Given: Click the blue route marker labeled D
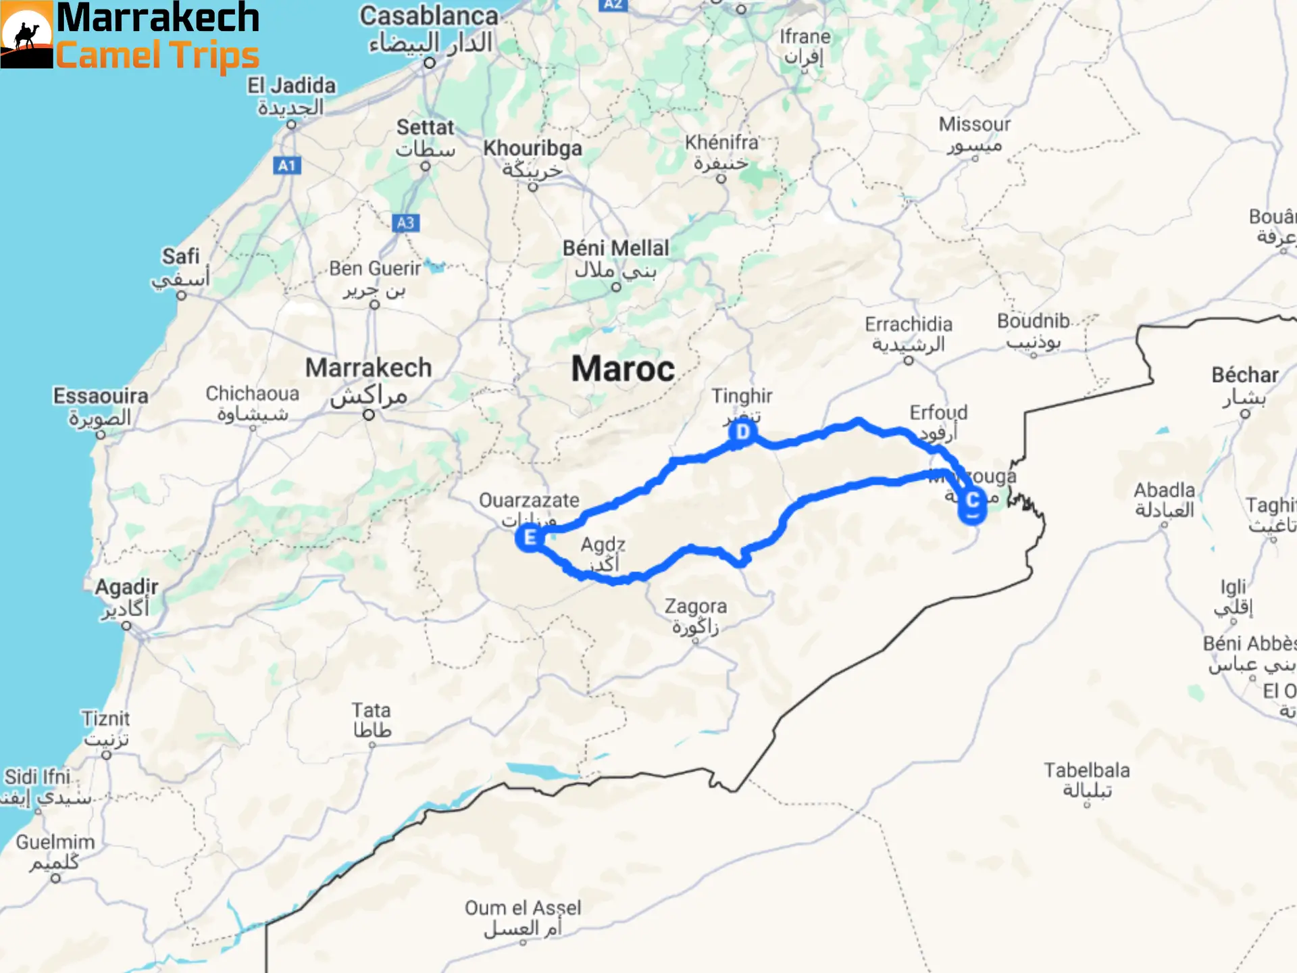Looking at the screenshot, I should (742, 432).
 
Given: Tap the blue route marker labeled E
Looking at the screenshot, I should (530, 538).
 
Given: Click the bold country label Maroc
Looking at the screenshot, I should (623, 369).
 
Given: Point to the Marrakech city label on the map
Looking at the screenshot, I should (368, 368).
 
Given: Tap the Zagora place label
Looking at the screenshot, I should (695, 606).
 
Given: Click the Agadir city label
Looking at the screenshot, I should (126, 587).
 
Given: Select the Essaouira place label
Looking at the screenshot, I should (101, 396).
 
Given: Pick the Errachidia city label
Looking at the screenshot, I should (909, 324).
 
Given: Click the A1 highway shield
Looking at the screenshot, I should (287, 166).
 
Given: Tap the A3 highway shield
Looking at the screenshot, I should (405, 223).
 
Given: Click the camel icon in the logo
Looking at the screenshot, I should (26, 35).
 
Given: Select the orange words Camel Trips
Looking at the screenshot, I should (157, 55).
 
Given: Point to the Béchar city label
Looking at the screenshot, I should (1244, 375).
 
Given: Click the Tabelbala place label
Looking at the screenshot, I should (1086, 770).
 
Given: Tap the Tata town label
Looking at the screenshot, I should (371, 710).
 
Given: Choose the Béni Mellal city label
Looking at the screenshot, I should (615, 248).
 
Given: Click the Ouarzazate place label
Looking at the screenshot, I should (529, 501).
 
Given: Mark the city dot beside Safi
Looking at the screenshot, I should (181, 295).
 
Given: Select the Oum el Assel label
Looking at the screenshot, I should (522, 908).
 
